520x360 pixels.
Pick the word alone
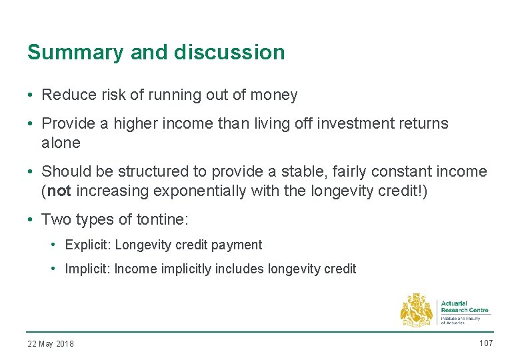61,143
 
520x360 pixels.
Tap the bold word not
59,191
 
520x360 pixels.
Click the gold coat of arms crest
416,310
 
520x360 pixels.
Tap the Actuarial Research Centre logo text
464,307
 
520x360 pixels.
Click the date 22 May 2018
51,344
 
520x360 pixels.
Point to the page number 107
485,343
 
